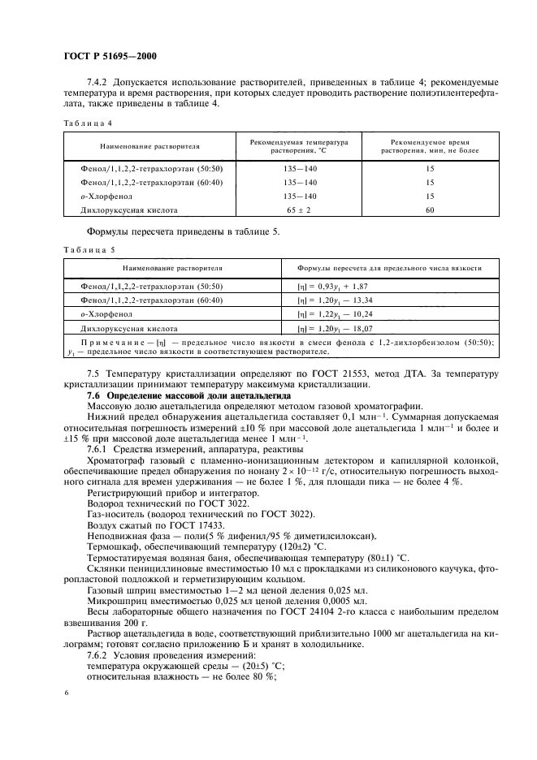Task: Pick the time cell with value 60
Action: point(430,210)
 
